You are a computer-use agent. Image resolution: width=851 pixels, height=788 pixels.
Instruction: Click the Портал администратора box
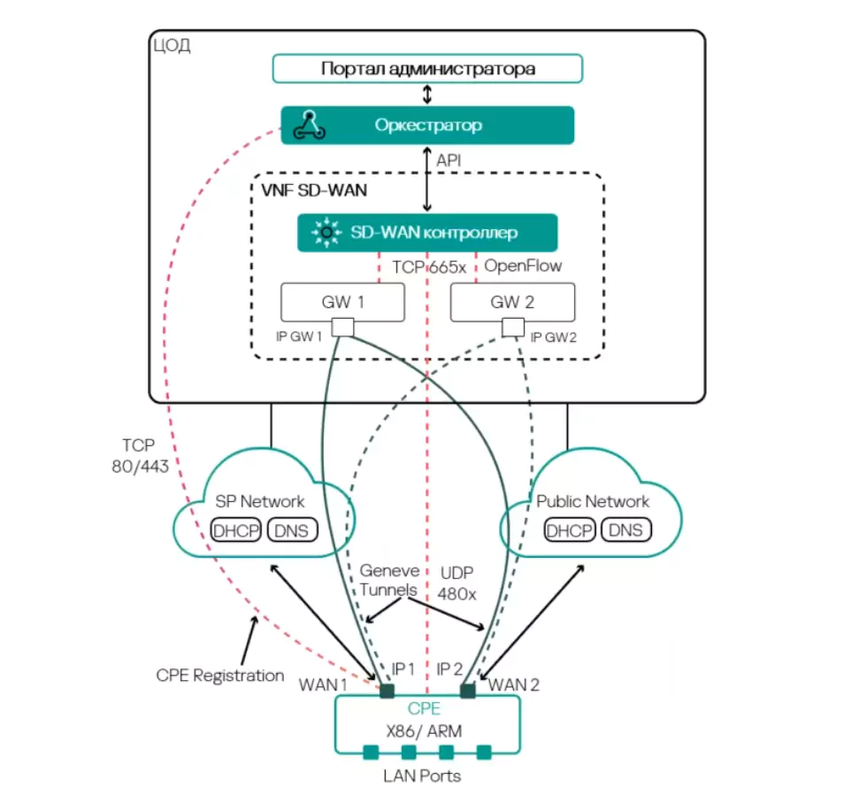click(x=427, y=68)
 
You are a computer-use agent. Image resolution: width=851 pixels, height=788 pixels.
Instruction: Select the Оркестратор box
click(x=427, y=125)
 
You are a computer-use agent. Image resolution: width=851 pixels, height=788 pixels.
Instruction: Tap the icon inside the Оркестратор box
click(x=310, y=125)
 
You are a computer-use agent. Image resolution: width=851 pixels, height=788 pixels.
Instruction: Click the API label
click(x=448, y=161)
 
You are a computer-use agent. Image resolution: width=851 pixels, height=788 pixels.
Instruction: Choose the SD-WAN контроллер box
click(x=427, y=233)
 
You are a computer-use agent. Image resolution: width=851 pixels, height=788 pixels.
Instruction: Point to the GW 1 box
click(x=342, y=302)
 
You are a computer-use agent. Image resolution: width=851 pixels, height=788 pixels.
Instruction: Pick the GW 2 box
click(x=512, y=302)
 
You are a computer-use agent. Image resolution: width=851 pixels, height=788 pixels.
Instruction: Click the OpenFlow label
click(x=523, y=266)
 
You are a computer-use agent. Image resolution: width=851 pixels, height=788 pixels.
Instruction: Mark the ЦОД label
click(x=172, y=45)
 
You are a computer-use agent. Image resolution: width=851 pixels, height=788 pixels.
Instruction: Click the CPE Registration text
click(x=220, y=676)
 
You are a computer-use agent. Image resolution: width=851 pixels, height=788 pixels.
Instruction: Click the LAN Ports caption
click(x=422, y=776)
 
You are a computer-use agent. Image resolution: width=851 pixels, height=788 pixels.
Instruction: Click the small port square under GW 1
click(x=342, y=328)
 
